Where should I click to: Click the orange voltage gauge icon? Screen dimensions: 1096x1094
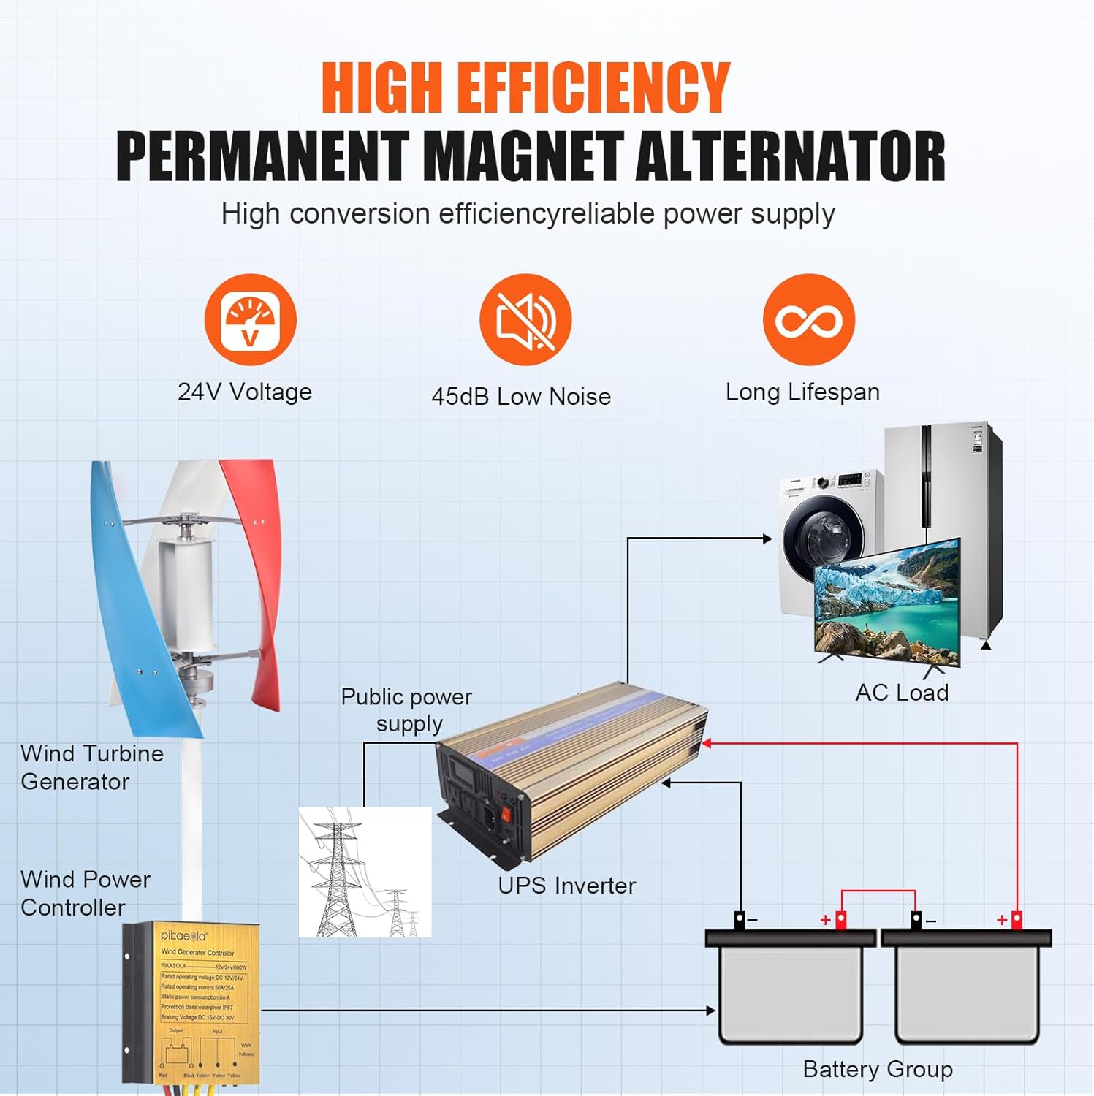tap(250, 320)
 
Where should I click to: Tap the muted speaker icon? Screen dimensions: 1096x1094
tap(525, 320)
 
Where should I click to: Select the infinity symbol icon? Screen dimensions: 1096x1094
tap(808, 320)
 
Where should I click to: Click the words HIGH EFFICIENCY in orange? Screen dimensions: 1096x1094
tap(525, 88)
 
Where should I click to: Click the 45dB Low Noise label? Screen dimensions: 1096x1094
tap(521, 397)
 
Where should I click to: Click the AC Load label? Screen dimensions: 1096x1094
tap(902, 693)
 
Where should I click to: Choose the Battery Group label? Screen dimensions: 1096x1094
tap(878, 1069)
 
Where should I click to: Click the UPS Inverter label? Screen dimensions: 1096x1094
tap(566, 886)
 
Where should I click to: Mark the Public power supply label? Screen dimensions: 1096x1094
tap(407, 709)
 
